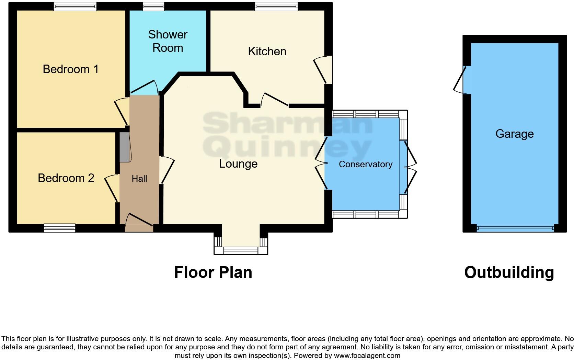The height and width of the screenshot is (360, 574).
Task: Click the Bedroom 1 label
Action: tap(70, 69)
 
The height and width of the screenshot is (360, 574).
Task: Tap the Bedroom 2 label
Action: tap(66, 178)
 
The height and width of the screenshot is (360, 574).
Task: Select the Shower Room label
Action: tap(168, 41)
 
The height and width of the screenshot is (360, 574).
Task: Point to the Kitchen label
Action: tap(267, 52)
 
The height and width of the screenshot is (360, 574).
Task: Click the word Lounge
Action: tap(238, 164)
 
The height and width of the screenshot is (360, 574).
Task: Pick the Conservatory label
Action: tap(365, 164)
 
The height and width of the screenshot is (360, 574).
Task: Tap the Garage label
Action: tap(514, 134)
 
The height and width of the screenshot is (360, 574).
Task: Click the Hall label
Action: tap(139, 179)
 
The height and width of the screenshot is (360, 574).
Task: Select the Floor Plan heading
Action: tap(213, 272)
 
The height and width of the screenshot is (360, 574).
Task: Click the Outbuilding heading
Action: tap(509, 272)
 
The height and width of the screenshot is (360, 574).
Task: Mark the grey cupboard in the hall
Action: tap(125, 147)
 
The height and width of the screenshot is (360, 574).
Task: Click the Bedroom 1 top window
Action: tap(75, 6)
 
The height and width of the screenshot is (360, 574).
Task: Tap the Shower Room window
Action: tap(153, 6)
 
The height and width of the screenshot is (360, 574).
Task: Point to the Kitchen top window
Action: tap(276, 6)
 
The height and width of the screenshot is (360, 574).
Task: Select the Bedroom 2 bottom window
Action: tap(59, 228)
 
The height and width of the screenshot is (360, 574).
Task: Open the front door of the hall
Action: tap(139, 223)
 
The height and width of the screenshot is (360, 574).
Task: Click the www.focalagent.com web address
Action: tap(367, 356)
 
